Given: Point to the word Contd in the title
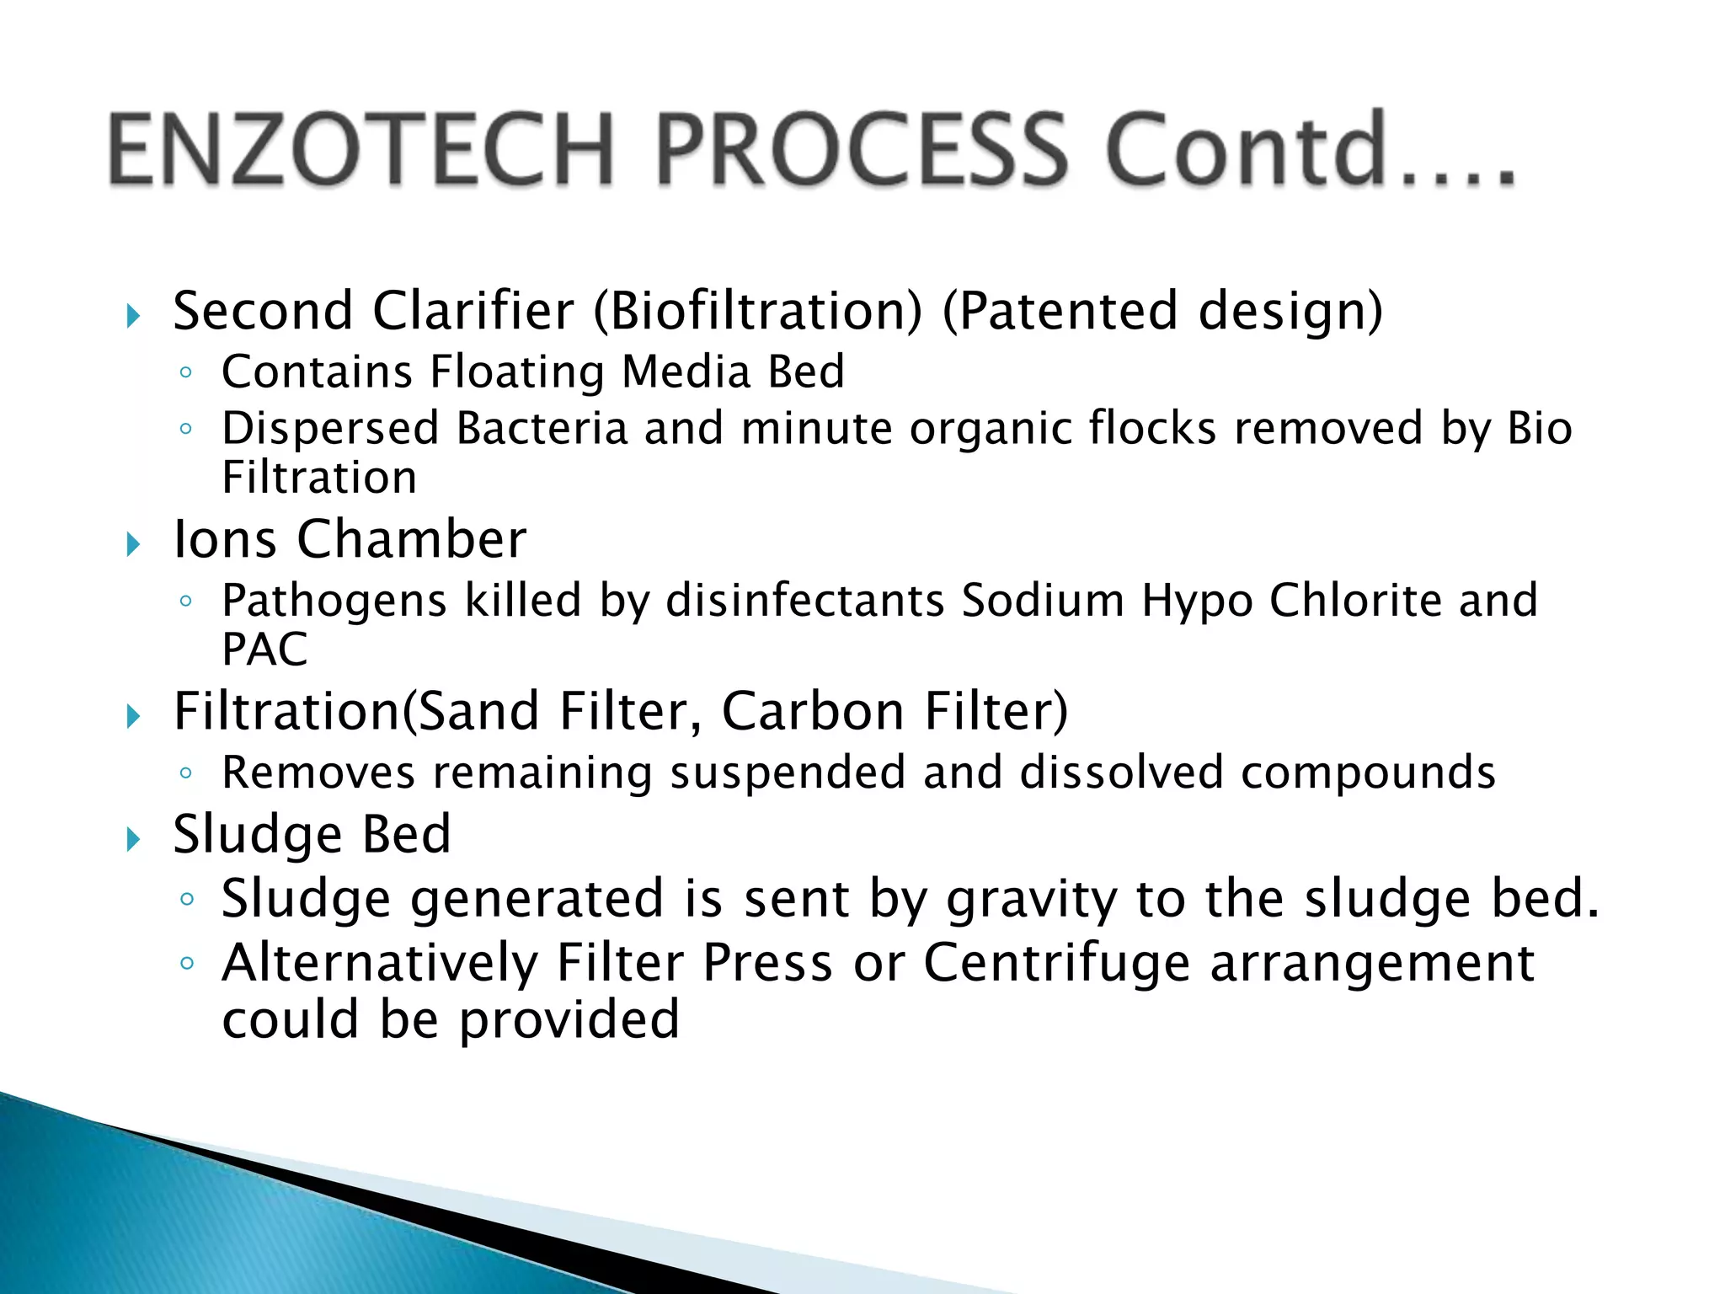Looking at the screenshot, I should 1246,150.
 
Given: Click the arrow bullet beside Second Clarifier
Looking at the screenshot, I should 133,317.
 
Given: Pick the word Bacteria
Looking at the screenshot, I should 543,428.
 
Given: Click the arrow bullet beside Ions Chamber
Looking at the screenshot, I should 133,544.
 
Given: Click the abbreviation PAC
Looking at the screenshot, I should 264,650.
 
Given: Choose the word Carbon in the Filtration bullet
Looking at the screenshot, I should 814,711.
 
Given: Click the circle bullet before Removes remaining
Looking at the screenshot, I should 186,773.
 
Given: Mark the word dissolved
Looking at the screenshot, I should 1121,773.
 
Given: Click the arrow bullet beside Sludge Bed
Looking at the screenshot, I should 133,839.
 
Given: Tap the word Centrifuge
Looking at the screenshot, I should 1058,963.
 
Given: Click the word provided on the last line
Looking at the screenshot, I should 569,1019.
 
